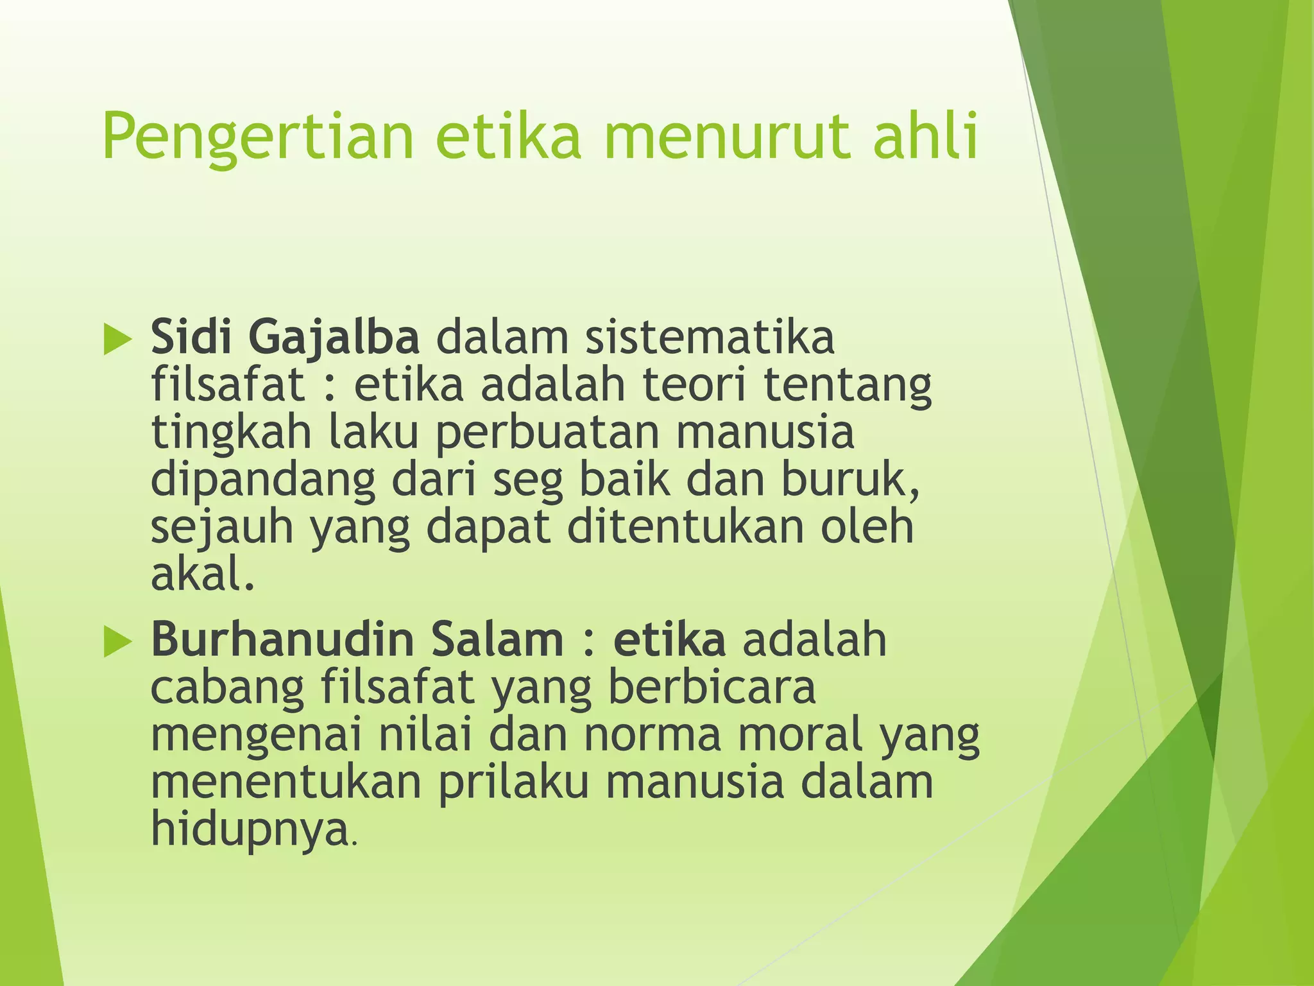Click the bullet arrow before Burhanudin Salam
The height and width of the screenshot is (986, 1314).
pos(117,641)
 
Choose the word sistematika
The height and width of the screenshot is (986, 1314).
pos(709,336)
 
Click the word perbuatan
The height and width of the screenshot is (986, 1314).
pos(548,433)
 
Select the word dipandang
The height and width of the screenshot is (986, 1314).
pos(263,481)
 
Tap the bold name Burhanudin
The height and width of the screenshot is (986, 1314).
pos(282,639)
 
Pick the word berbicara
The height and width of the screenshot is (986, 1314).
pos(712,686)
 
